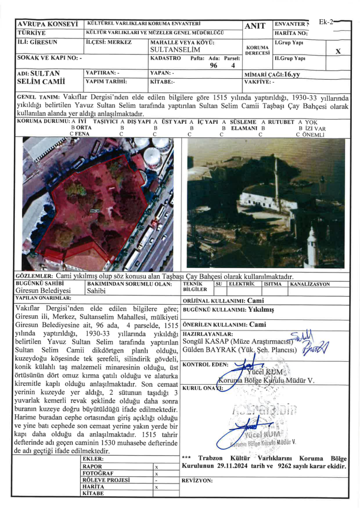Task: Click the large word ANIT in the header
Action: pyautogui.click(x=255, y=27)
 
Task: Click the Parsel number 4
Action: pyautogui.click(x=233, y=66)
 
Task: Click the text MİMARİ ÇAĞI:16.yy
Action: pyautogui.click(x=272, y=74)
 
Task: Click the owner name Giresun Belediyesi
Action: pyautogui.click(x=43, y=291)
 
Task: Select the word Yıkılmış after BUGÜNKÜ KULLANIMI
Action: pyautogui.click(x=261, y=310)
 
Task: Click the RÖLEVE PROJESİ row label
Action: pyautogui.click(x=107, y=480)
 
